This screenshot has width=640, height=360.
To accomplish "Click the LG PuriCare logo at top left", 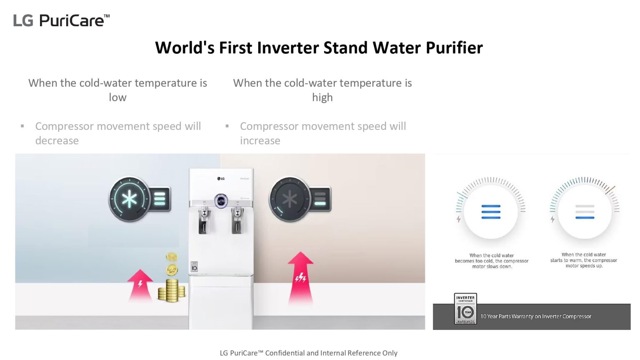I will point(61,20).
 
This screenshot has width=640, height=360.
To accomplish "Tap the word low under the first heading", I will point(117,97).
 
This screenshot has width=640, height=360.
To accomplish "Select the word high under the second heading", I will point(322,97).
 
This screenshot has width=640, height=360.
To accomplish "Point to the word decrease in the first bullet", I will point(57,141).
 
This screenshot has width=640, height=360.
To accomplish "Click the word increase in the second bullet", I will point(260,141).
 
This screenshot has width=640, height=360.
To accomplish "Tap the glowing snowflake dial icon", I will point(130,200).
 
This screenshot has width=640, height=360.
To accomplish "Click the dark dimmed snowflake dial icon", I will point(290,200).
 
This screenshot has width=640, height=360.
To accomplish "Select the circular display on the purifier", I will point(221,201).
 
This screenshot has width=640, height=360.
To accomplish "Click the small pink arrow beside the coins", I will point(140,285).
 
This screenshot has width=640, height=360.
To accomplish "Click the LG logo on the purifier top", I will point(221,179).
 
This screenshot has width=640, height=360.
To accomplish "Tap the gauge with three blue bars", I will point(491,212).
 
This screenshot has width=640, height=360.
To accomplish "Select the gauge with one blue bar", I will point(585,212).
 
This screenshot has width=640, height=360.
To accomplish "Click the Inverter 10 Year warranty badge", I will point(465,309).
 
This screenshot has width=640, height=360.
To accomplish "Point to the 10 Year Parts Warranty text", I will point(536,317).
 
